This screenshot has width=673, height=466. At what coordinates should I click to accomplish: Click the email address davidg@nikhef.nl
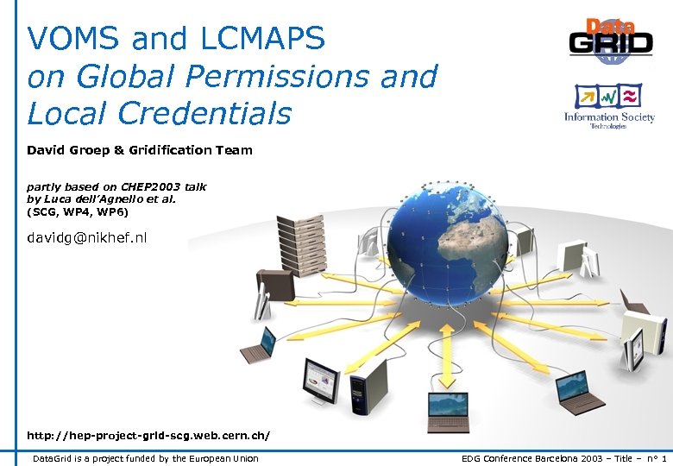tap(87, 236)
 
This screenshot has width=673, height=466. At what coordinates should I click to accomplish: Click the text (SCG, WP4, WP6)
tap(78, 211)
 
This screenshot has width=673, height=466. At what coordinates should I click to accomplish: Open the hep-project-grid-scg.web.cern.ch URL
tap(148, 436)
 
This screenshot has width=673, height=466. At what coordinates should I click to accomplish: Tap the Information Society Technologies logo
tap(609, 106)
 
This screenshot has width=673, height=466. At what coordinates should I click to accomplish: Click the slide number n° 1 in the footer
tap(656, 458)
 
